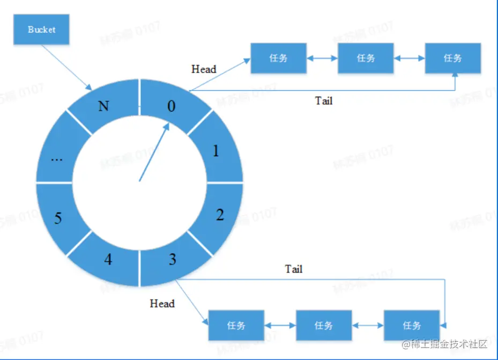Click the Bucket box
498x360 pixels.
(x=42, y=30)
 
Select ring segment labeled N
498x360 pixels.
(x=103, y=105)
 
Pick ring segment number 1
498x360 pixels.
(x=215, y=151)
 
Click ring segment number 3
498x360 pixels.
(x=173, y=260)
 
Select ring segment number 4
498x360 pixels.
(x=108, y=260)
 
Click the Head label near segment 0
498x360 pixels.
(x=204, y=69)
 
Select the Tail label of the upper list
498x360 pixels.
(x=323, y=100)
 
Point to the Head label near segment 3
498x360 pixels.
(x=162, y=304)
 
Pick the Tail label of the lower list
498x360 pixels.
(x=293, y=269)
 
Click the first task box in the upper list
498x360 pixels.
(x=279, y=58)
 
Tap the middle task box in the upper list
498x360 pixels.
(x=366, y=58)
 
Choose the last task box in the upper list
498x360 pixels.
(x=453, y=58)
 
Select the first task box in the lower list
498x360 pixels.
(x=236, y=325)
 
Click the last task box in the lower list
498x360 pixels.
(x=412, y=325)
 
